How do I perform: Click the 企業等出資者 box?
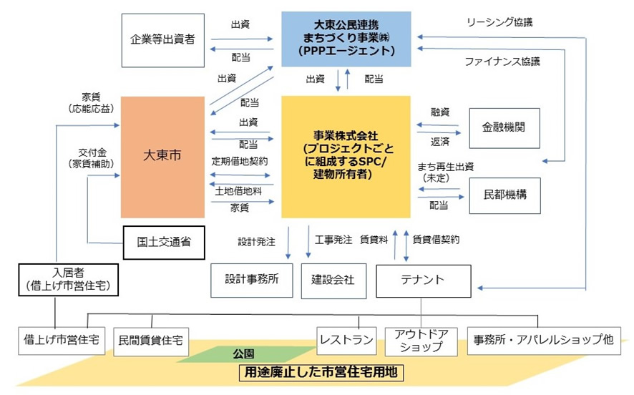[162, 39]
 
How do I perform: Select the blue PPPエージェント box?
[346, 39]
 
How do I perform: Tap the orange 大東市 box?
[162, 156]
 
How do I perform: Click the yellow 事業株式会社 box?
[346, 156]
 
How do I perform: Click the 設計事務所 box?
[252, 280]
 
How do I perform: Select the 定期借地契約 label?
[240, 162]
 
